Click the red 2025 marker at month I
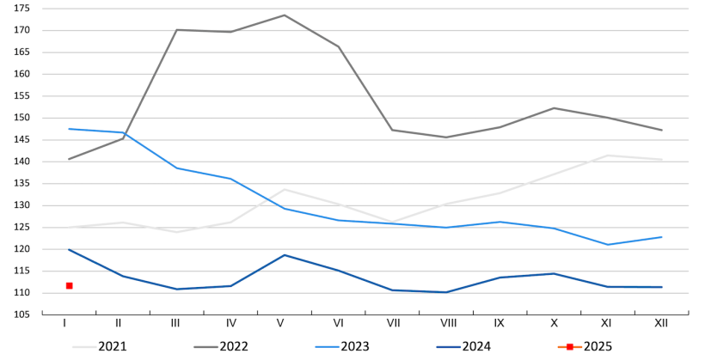(x=69, y=285)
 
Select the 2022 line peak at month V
(x=285, y=15)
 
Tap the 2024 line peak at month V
(x=285, y=255)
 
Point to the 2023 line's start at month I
(x=69, y=129)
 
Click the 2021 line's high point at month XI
(x=608, y=156)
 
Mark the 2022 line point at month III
(x=176, y=30)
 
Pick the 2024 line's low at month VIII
(x=446, y=292)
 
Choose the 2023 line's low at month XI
(x=608, y=245)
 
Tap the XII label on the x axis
(x=661, y=323)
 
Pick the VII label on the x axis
(x=392, y=323)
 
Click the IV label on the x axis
(x=230, y=323)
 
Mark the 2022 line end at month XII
(x=661, y=131)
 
